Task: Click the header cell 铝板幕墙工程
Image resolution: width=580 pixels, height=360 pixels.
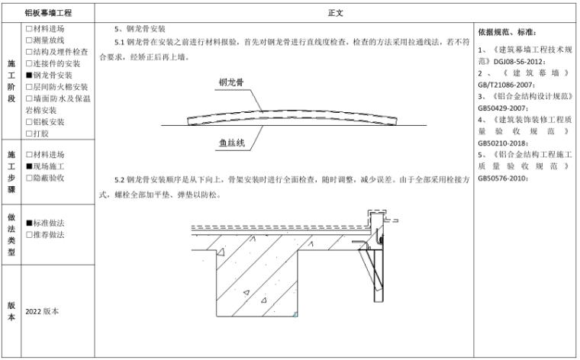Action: click(49, 13)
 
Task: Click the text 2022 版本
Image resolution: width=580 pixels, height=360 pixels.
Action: click(41, 312)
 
